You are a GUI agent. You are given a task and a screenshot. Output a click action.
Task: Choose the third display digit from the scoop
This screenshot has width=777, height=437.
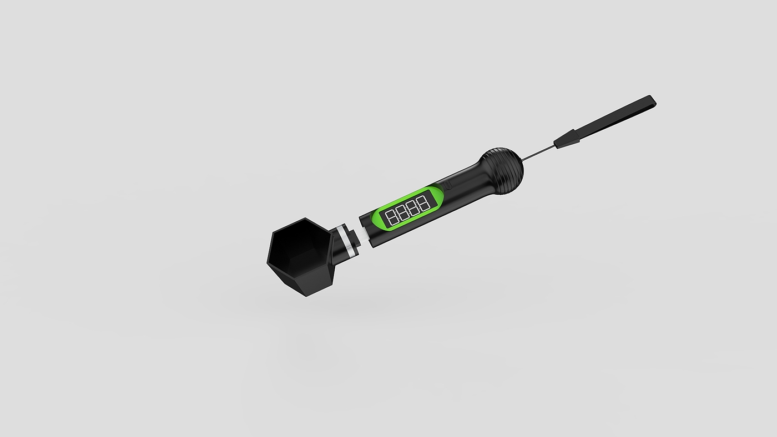click(414, 207)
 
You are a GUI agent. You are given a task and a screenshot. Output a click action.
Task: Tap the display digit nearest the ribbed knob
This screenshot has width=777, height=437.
click(424, 203)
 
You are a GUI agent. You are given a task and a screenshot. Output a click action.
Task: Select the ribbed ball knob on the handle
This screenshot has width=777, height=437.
click(503, 167)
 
